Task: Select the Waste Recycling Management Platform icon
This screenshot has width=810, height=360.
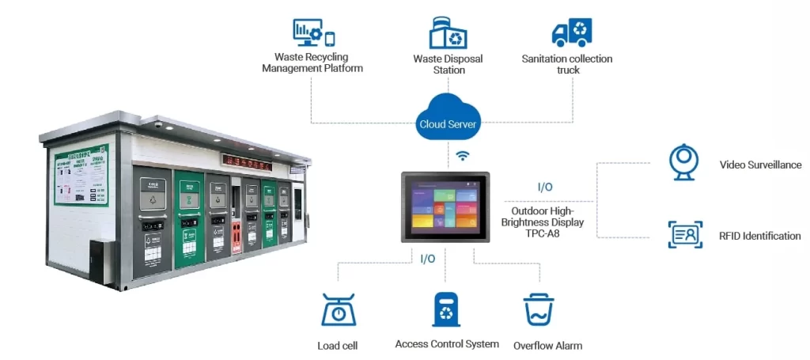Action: pos(313,32)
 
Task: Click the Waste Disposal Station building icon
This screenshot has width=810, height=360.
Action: pos(448,32)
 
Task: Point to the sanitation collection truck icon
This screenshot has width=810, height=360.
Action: pos(571,32)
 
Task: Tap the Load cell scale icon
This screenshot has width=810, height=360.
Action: pos(339,310)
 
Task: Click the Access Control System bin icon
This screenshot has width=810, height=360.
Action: pos(446,309)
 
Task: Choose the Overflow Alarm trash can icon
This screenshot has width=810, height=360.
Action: pos(539,310)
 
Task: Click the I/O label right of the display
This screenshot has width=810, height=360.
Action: pos(545,187)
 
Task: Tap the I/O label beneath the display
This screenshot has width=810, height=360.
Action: pos(428,258)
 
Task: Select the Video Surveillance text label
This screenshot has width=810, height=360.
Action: pos(760,165)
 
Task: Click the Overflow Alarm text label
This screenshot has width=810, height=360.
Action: pos(547,346)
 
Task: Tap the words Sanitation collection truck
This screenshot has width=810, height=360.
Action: pos(567,64)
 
